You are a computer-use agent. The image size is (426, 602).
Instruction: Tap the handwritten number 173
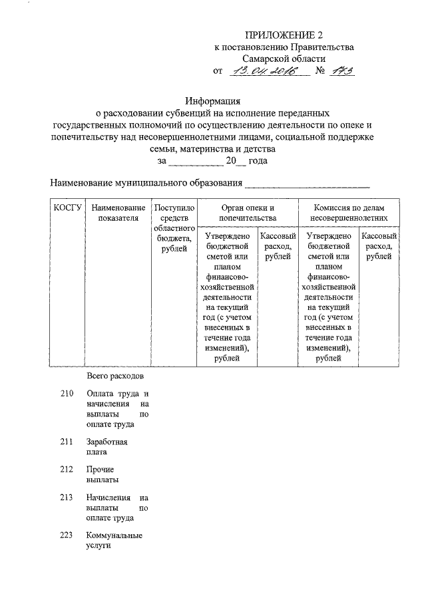[341, 71]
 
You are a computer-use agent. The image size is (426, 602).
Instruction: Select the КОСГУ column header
[67, 208]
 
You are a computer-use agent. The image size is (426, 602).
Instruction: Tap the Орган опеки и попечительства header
[247, 213]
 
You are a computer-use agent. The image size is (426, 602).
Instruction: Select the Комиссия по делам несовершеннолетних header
[349, 213]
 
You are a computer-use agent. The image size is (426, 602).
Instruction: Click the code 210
[66, 394]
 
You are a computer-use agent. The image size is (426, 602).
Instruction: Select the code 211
[66, 441]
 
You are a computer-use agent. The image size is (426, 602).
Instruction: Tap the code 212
[66, 469]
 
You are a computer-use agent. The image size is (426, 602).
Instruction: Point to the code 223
[66, 535]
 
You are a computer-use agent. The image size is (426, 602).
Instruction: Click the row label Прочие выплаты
[103, 474]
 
